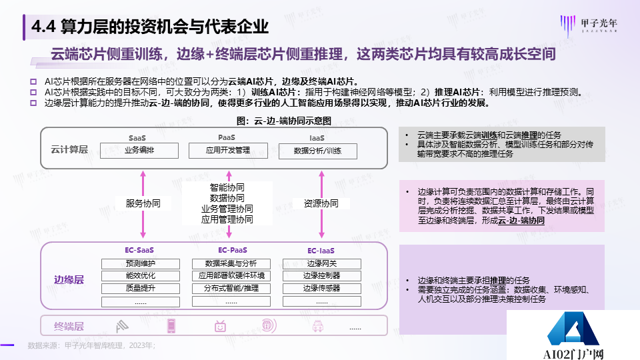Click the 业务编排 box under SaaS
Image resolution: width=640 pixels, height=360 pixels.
(x=139, y=151)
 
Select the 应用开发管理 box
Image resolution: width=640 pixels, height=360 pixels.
(x=228, y=151)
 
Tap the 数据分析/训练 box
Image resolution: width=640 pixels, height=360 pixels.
(x=317, y=151)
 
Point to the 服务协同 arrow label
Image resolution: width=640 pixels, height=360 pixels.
(x=143, y=203)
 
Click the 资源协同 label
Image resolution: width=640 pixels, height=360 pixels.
(x=321, y=203)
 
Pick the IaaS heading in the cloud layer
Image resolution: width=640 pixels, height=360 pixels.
(x=317, y=138)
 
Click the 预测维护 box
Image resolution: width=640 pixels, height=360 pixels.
(x=139, y=263)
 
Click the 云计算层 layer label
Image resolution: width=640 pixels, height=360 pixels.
(x=69, y=149)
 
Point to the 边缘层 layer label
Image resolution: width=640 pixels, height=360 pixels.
(x=69, y=280)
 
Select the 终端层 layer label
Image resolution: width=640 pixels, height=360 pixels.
(x=69, y=326)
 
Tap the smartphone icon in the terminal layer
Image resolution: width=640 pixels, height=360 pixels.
(x=171, y=326)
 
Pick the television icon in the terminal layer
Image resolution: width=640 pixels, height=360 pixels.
(x=220, y=326)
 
